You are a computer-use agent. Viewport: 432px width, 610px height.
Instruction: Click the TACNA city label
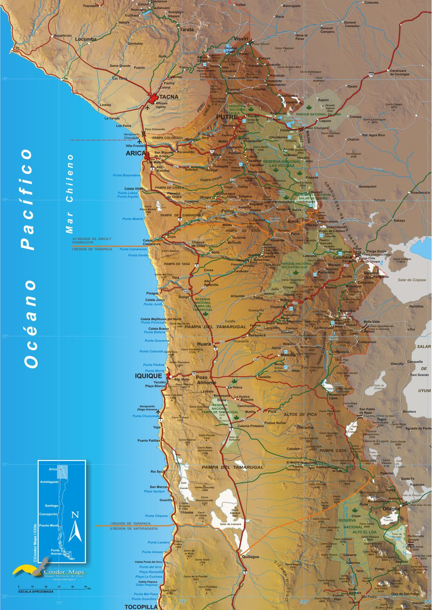tap(169, 97)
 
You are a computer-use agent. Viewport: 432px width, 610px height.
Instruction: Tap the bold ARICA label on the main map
tap(136, 153)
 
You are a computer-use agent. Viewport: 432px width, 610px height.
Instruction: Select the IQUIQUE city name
tap(148, 376)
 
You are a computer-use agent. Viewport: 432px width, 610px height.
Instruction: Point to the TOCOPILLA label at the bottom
tap(141, 607)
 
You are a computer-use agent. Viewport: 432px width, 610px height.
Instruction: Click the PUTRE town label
tap(227, 117)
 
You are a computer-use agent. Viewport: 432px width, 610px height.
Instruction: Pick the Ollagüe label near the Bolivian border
tap(391, 509)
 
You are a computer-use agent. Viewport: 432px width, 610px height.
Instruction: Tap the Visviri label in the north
tap(241, 39)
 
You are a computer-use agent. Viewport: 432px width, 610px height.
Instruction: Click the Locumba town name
tap(86, 39)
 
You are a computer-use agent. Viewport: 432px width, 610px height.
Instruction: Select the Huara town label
tap(204, 344)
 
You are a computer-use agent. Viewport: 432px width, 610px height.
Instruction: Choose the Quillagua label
tap(250, 557)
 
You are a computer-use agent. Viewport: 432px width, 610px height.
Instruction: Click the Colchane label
tap(342, 258)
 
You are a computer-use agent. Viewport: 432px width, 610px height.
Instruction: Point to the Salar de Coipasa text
tap(412, 280)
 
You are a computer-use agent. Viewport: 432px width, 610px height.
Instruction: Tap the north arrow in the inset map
tap(75, 527)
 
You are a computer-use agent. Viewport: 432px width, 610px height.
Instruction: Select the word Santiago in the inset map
tap(52, 506)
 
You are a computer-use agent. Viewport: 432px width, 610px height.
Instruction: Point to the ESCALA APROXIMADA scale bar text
tap(36, 592)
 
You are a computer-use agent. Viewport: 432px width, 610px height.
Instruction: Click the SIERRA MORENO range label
tap(282, 574)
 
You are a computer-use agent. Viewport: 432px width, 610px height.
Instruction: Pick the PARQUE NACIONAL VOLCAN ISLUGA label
tap(294, 265)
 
